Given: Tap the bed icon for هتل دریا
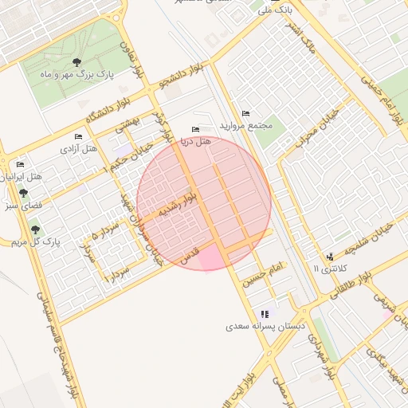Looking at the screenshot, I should click(x=196, y=130).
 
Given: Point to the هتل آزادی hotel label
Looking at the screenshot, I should click(x=79, y=148).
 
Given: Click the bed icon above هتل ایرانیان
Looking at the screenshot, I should click(x=20, y=164).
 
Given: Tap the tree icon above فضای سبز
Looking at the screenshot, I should click(x=23, y=194).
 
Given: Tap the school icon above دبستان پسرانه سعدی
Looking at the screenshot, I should click(x=265, y=315).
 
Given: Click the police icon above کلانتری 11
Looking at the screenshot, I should click(x=330, y=257).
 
